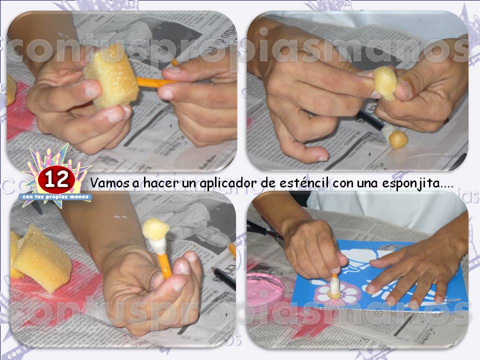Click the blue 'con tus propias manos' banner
click(56, 197)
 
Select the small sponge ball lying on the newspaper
click(398, 139)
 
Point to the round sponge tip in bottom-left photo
click(155, 229)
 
